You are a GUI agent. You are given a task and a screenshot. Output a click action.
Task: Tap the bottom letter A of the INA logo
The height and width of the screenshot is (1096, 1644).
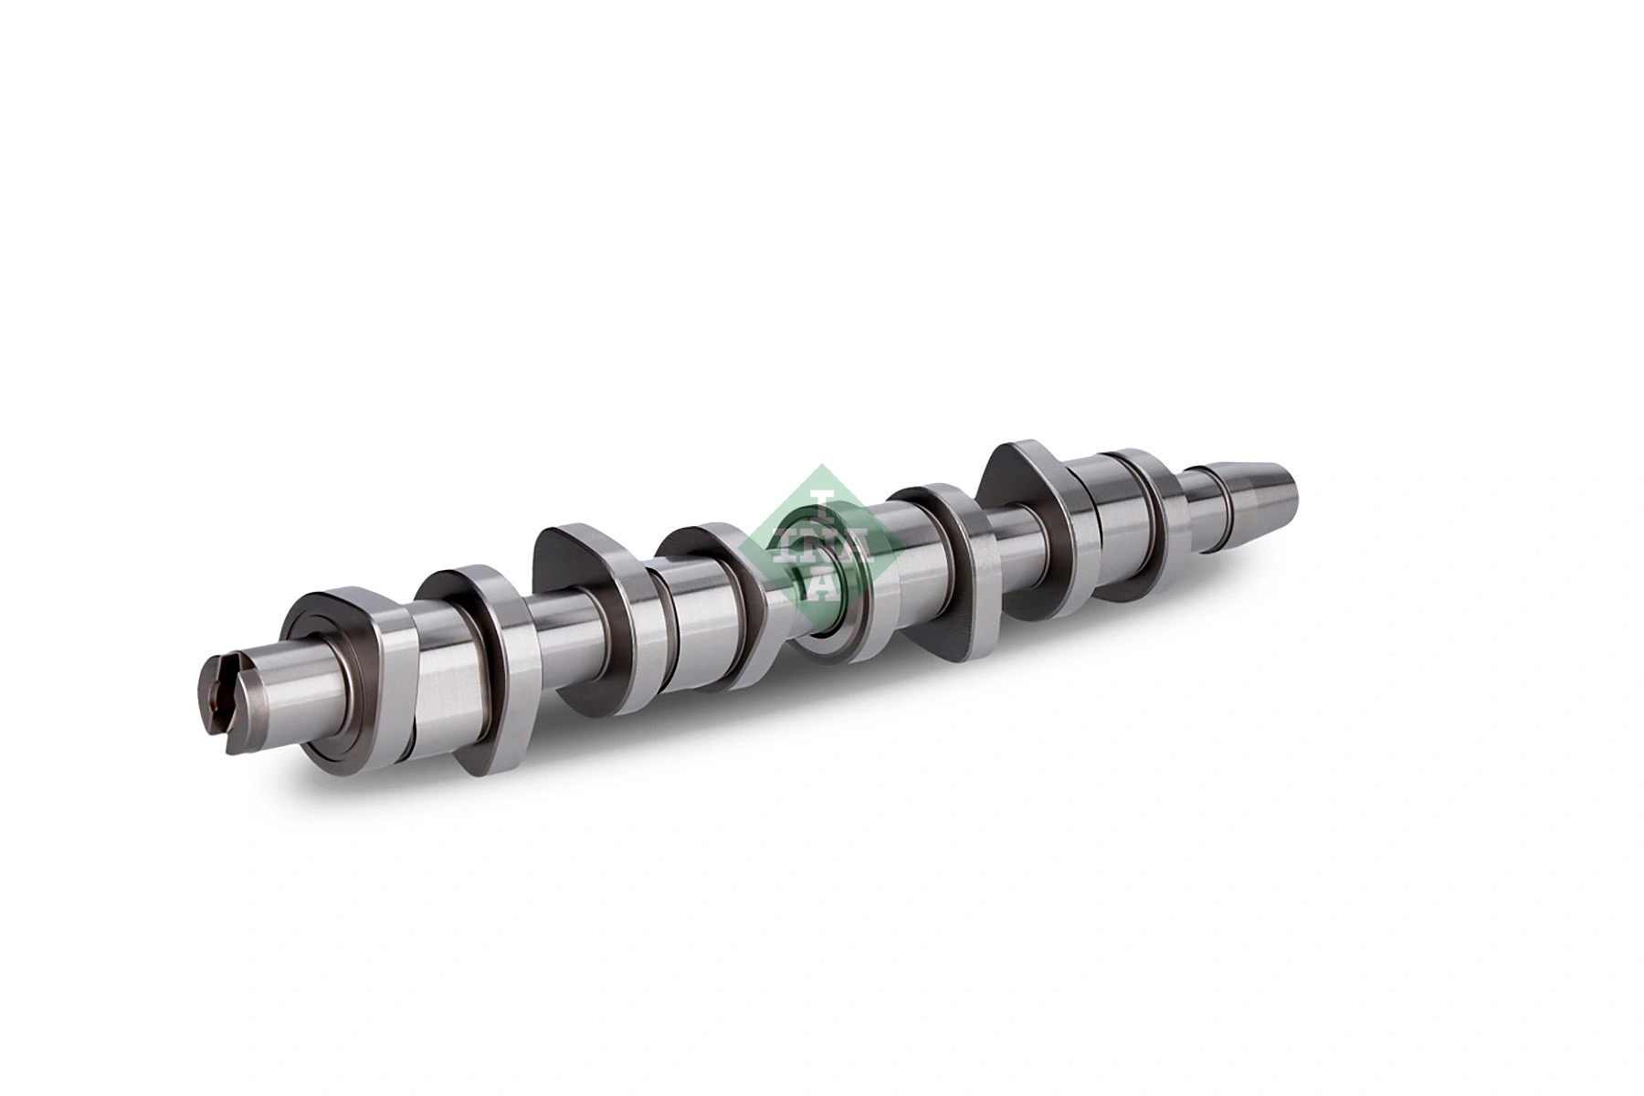click(x=822, y=585)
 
